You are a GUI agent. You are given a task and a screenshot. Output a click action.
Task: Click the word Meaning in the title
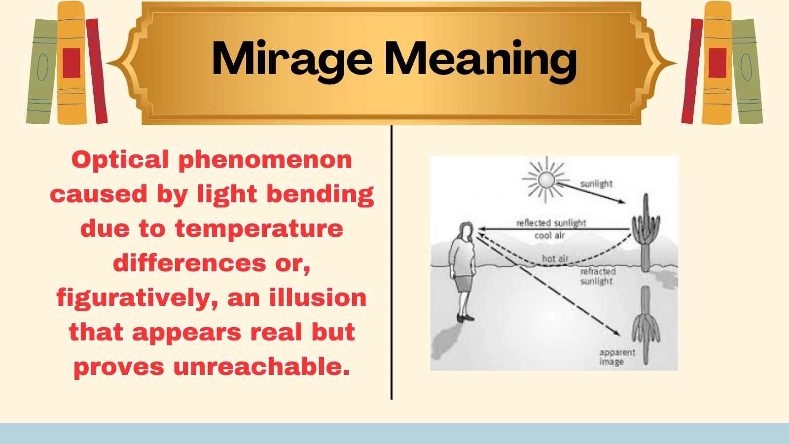pyautogui.click(x=480, y=59)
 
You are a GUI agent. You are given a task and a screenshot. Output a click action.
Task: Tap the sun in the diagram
pyautogui.click(x=546, y=180)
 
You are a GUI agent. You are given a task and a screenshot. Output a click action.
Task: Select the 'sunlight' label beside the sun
pyautogui.click(x=596, y=184)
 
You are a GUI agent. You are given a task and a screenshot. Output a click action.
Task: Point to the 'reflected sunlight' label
pyautogui.click(x=551, y=223)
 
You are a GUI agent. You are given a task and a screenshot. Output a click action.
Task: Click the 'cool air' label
pyautogui.click(x=549, y=236)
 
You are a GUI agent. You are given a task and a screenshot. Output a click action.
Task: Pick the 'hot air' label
pyautogui.click(x=555, y=259)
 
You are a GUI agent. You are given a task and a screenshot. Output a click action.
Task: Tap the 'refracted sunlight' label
pyautogui.click(x=597, y=276)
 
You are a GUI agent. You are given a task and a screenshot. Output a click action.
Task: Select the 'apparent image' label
pyautogui.click(x=616, y=357)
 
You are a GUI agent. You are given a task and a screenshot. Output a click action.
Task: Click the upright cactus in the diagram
pyautogui.click(x=646, y=232)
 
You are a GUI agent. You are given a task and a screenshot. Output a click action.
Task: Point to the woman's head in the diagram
pyautogui.click(x=466, y=231)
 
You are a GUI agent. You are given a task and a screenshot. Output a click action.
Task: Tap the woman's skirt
pyautogui.click(x=464, y=284)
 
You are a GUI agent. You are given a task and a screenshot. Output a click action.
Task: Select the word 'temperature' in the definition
pyautogui.click(x=259, y=229)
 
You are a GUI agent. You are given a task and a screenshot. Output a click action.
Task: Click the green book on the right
pyautogui.click(x=746, y=72)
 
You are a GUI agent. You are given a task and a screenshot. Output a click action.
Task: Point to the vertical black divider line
pyautogui.click(x=392, y=261)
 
